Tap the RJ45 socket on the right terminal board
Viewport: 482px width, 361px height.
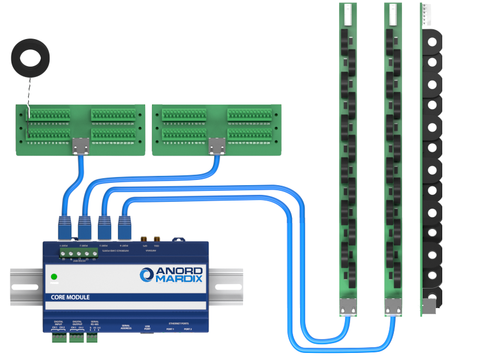click(x=217, y=148)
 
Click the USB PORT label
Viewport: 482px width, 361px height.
click(x=148, y=327)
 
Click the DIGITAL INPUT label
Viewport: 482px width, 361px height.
click(x=58, y=323)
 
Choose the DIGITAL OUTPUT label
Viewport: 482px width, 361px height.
click(x=77, y=323)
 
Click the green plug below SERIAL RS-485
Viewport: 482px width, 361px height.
click(x=92, y=339)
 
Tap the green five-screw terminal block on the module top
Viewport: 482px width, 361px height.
click(x=74, y=254)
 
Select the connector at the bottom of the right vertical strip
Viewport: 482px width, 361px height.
click(x=393, y=308)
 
